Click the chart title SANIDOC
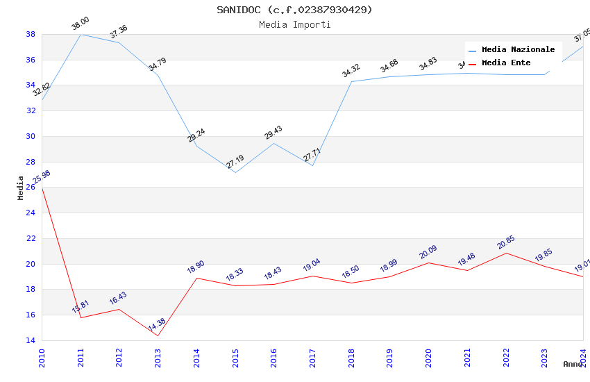pos(294,10)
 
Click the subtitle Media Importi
pos(294,24)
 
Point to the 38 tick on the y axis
pos(31,34)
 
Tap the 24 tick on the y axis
pos(31,213)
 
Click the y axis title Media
pos(21,188)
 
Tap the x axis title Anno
pos(573,364)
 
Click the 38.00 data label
pos(81,24)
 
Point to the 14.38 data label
pos(157,325)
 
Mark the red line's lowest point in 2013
pos(158,336)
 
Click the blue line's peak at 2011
pos(81,34)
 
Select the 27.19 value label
pos(235,162)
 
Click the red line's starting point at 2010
pos(42,188)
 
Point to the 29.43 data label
pos(273,133)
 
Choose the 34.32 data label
pos(351,70)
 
